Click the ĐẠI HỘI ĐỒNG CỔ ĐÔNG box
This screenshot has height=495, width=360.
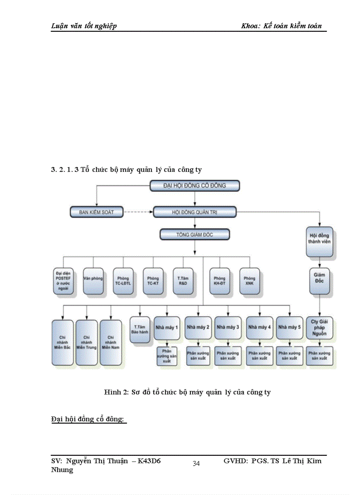point(195,186)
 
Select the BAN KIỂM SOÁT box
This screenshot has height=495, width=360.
point(97,212)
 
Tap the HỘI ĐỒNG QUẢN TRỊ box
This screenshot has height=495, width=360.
point(195,212)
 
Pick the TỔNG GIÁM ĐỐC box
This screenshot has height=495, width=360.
point(195,234)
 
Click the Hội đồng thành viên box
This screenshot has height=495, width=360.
point(319,242)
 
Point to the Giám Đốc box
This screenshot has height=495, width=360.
point(319,281)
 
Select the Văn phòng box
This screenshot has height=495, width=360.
point(93,281)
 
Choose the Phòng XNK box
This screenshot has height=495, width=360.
point(249,281)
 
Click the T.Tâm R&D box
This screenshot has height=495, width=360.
point(183,281)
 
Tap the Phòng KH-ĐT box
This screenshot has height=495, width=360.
point(219,281)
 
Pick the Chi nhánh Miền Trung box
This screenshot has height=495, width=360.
point(86,341)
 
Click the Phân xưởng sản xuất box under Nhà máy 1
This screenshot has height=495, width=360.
point(167,356)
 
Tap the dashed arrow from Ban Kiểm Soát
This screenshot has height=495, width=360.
point(138,212)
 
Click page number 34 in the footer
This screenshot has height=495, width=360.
point(196,463)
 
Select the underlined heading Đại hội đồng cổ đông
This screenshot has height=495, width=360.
point(88,419)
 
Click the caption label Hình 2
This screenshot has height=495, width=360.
point(116,392)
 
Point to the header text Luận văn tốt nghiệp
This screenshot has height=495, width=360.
point(84,26)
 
